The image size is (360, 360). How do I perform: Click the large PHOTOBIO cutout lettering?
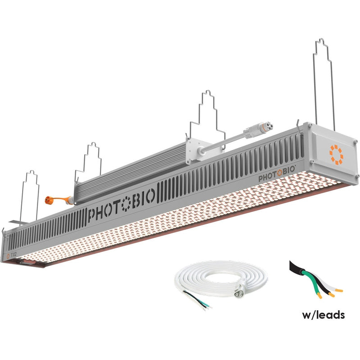tap(121, 205)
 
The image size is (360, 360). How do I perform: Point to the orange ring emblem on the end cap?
tap(336, 153)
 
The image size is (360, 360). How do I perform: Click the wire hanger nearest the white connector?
tap(207, 113)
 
